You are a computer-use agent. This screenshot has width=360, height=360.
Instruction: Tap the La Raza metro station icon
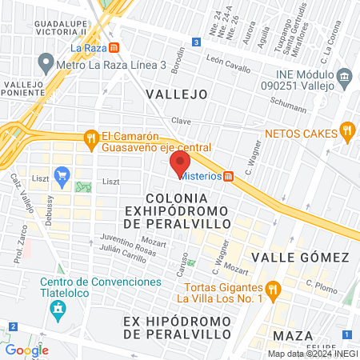pos(115,47)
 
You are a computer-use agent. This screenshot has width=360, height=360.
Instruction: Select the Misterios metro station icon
pos(229,176)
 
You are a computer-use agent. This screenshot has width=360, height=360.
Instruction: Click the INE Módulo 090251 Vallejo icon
pos(345,77)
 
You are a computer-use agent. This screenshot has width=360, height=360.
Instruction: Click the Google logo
pos(26,350)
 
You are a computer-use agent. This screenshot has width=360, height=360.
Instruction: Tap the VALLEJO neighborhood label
pos(177,94)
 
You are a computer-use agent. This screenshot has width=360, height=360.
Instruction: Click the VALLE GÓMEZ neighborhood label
pos(300,257)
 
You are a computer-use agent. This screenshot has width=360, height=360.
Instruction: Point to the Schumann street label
pos(288,103)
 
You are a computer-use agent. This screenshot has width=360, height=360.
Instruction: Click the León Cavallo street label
pos(227,58)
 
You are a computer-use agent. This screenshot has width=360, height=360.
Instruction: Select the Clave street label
pos(180,121)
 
